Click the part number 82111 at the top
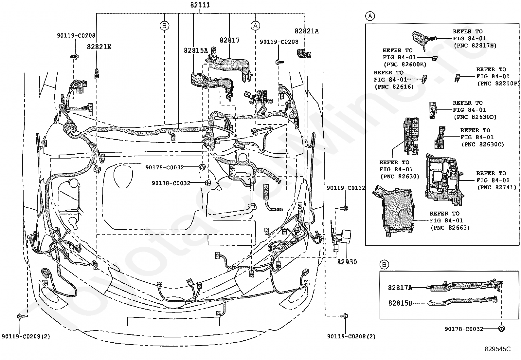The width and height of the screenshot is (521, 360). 200,5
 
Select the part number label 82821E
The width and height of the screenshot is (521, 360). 99,47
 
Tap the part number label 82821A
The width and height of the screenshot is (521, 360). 307,31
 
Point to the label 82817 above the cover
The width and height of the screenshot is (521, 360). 229,40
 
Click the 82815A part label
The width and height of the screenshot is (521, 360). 196,50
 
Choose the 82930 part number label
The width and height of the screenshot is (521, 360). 347,262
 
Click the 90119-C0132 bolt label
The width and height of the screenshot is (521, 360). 346,188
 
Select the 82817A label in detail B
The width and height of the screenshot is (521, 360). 400,288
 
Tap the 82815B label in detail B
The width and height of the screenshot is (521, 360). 400,303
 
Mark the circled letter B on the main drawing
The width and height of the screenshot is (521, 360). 164,26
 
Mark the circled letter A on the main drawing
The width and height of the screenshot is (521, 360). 255,26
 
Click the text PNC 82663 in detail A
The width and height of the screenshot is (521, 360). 450,228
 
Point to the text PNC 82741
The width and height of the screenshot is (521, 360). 496,187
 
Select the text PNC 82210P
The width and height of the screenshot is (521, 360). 498,83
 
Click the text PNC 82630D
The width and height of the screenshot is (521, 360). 475,117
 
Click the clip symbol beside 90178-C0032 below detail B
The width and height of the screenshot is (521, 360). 501,329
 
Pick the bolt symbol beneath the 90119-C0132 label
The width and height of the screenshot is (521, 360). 344,208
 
